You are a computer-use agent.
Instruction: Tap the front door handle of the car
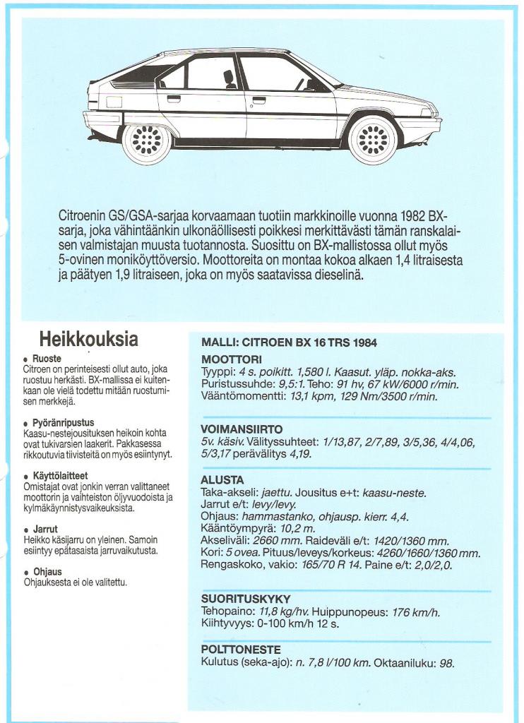pyautogui.click(x=259, y=100)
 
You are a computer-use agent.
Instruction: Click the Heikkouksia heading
pyautogui.click(x=88, y=339)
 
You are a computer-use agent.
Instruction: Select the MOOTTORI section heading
pyautogui.click(x=232, y=359)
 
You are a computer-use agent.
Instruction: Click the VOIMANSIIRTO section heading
pyautogui.click(x=242, y=429)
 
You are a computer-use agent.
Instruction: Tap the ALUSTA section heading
pyautogui.click(x=222, y=480)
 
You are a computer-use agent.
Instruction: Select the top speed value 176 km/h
pyautogui.click(x=415, y=612)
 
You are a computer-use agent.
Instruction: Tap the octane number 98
pyautogui.click(x=446, y=663)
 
